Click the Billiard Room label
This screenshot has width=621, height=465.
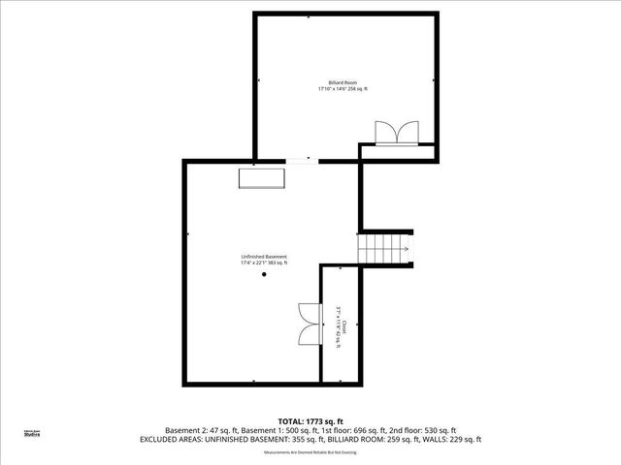[343, 83]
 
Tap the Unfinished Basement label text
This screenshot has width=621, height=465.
[264, 257]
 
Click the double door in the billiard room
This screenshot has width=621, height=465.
[397, 133]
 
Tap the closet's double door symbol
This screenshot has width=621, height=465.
[310, 323]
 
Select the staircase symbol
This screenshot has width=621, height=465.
[387, 247]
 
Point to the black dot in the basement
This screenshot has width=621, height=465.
[264, 275]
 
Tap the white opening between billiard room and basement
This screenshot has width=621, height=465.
[302, 160]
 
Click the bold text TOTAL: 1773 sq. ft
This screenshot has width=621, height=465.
[310, 420]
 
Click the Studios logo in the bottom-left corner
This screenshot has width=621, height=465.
[31, 434]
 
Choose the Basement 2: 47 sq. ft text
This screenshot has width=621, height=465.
[200, 430]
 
